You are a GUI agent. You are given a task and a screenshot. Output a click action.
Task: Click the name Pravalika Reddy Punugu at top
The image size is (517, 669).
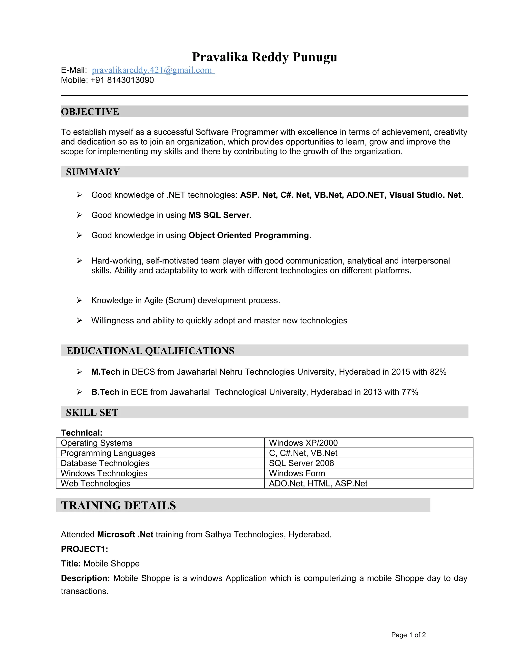click(x=264, y=57)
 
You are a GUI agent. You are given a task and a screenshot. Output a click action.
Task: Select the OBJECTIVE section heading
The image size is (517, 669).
click(x=90, y=112)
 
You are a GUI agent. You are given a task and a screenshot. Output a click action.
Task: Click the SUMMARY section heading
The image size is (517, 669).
click(x=93, y=172)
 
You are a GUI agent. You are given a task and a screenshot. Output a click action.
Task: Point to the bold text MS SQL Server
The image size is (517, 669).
click(x=219, y=215)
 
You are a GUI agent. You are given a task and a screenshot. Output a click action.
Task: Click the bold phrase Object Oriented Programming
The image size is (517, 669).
click(x=248, y=235)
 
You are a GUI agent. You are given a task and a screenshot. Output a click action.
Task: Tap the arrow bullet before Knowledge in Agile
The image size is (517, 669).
click(x=79, y=300)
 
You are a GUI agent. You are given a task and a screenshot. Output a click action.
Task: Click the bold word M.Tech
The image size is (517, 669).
click(x=106, y=372)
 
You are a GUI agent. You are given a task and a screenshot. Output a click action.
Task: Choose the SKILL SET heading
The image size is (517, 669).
click(x=92, y=413)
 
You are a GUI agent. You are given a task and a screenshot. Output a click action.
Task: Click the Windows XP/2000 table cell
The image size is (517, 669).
click(x=303, y=443)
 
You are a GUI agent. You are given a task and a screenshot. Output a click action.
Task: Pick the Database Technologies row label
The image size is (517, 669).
click(x=105, y=463)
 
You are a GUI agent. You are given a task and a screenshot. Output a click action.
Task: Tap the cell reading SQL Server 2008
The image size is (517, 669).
click(x=301, y=463)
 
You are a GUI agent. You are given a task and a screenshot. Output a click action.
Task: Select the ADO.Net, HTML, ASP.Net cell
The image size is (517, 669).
click(x=318, y=483)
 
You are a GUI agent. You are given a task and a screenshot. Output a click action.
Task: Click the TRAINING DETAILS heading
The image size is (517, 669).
click(x=119, y=505)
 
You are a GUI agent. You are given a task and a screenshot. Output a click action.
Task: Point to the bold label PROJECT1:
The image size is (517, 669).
click(x=85, y=549)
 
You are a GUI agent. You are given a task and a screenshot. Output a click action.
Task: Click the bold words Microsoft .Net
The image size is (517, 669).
click(x=125, y=534)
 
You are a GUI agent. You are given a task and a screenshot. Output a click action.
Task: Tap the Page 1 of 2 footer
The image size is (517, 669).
click(x=408, y=635)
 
